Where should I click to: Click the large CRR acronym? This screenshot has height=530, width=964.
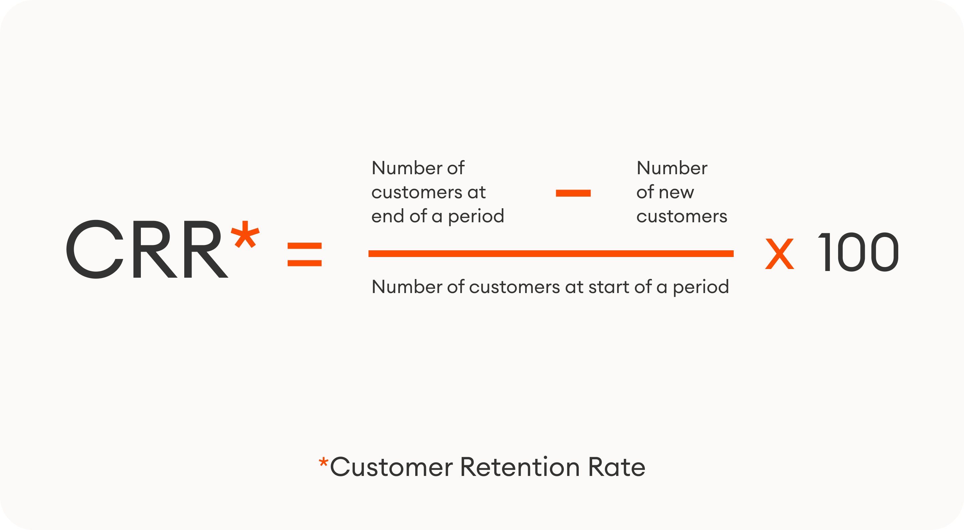click(147, 249)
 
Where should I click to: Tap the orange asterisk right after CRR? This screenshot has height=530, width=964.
click(245, 234)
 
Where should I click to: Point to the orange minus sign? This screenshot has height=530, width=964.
click(573, 193)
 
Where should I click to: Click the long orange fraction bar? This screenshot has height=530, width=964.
click(550, 254)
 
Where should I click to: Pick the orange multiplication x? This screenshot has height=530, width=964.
click(779, 254)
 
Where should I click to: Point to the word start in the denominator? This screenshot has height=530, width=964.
click(609, 287)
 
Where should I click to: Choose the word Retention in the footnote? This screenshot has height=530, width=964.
click(520, 467)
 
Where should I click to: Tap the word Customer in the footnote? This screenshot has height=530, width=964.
click(391, 467)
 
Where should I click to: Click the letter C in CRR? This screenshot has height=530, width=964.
click(95, 249)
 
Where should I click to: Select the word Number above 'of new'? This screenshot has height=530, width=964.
click(672, 168)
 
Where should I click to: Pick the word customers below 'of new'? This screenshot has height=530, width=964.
click(682, 217)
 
